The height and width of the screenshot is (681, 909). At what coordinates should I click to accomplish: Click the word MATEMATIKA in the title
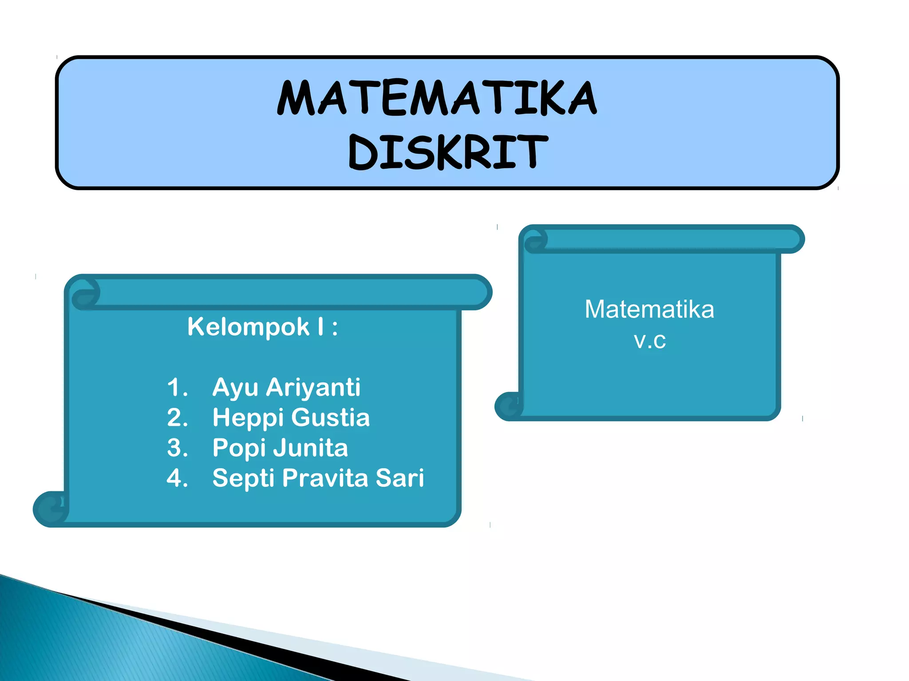[437, 98]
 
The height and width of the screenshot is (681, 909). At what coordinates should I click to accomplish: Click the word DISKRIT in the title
[448, 152]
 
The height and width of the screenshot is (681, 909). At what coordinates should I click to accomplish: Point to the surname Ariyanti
[313, 387]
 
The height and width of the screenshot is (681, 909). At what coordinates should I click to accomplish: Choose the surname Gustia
[331, 418]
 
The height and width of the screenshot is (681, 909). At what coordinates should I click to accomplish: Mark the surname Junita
[311, 448]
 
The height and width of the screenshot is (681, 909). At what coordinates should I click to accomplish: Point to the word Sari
[400, 478]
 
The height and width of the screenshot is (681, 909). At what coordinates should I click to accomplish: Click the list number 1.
[177, 387]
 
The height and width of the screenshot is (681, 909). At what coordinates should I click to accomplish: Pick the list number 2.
[177, 418]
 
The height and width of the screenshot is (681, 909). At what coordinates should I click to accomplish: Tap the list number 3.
[177, 448]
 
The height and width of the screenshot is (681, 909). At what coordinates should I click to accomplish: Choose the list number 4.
[177, 478]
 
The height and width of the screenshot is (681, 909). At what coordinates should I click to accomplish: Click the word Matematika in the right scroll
[649, 309]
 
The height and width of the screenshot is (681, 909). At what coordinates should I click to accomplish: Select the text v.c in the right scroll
[650, 340]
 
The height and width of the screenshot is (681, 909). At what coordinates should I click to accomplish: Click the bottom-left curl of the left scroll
[50, 509]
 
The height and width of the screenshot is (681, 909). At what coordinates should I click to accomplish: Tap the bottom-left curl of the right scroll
[509, 406]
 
